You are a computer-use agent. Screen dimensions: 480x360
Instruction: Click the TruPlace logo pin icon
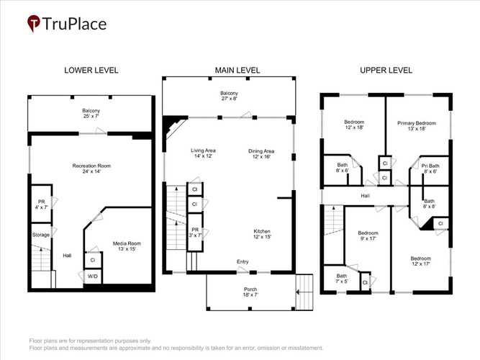(34, 23)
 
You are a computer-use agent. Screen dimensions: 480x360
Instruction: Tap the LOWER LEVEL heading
(91, 70)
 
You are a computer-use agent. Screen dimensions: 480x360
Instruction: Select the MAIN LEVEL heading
(237, 70)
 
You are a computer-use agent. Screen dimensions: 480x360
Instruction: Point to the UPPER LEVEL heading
(386, 70)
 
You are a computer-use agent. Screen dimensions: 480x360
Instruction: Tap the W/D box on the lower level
(93, 276)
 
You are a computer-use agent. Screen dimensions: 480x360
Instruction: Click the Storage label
(41, 235)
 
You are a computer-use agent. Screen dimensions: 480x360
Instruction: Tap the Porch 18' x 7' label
(250, 292)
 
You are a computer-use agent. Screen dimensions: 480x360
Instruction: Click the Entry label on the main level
(243, 261)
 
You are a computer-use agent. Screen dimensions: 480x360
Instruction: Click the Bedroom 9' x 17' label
(368, 235)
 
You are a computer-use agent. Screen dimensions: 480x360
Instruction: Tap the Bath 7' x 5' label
(342, 279)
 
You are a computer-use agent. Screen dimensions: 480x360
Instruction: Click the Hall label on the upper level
(365, 196)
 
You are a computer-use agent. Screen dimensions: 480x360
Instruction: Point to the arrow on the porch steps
(304, 292)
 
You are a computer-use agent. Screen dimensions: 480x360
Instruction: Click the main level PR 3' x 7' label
(195, 233)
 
